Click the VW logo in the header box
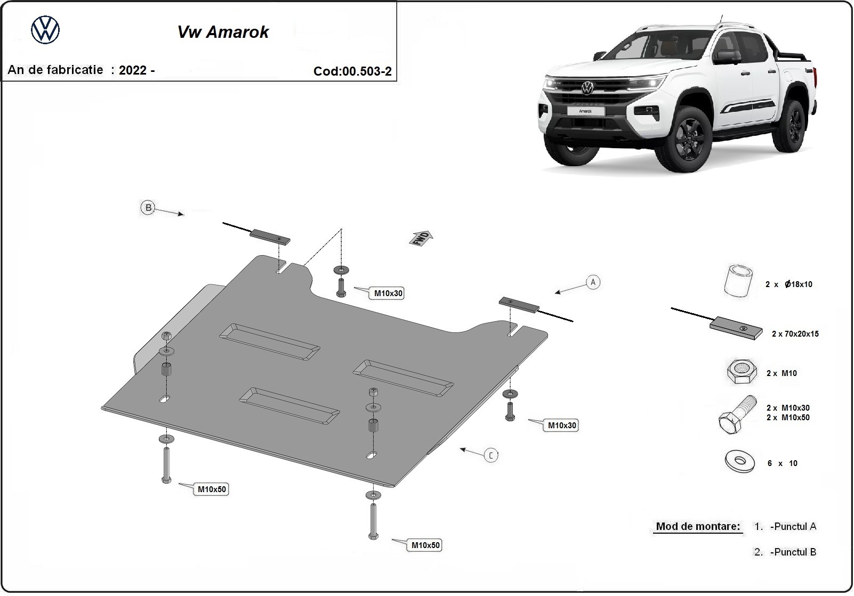pos(45,30)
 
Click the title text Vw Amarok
pos(223,32)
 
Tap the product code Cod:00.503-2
pos(352,71)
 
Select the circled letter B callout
pos(148,208)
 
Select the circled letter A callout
pos(593,282)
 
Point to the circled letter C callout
pos(491,455)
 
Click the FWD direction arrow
pos(421,238)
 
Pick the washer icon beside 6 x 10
pos(740,461)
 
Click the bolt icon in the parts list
pos(737,415)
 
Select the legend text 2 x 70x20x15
pos(795,334)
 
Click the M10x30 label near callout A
pos(562,426)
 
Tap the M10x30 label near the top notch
pos(388,293)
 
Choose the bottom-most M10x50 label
pos(425,545)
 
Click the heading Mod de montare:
pos(698,526)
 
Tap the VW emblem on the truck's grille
pos(587,88)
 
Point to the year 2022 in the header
pos(133,70)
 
